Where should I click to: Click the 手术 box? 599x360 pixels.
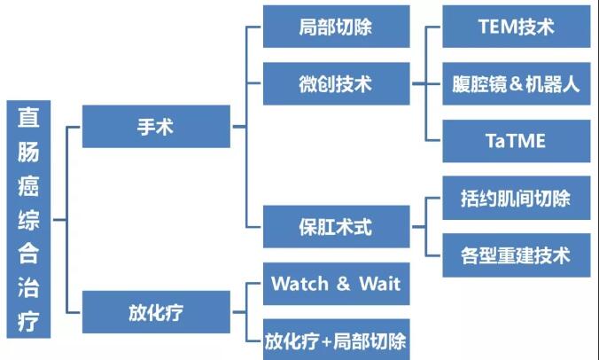(x=156, y=127)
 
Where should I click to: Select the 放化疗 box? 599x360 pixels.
(x=156, y=311)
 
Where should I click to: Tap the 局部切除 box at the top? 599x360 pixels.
(x=336, y=27)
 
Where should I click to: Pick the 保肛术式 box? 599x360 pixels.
(x=336, y=227)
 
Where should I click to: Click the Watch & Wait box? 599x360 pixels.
(x=336, y=284)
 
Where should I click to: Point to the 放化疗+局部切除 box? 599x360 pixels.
(x=336, y=340)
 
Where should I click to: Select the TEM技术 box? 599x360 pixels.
(x=516, y=27)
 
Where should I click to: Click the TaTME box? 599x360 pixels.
(x=516, y=141)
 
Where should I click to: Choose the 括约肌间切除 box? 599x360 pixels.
(x=516, y=199)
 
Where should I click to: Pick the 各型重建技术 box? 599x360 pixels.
(x=516, y=255)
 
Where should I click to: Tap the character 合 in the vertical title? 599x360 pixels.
(x=29, y=253)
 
